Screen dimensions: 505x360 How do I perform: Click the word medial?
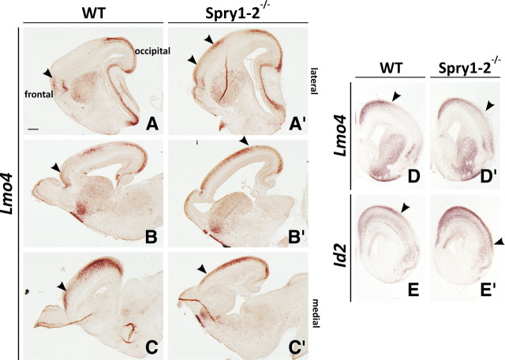click(324, 301)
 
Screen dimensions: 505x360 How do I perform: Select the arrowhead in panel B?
click(54, 167)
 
